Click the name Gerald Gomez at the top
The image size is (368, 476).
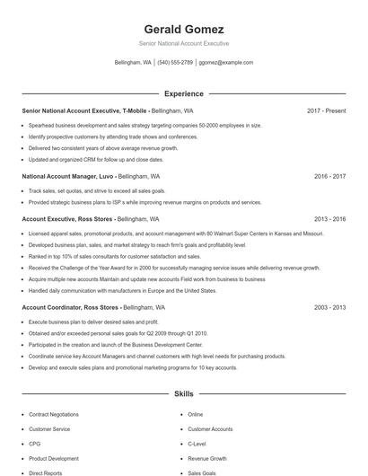(183, 29)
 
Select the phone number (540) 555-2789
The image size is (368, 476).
(175, 63)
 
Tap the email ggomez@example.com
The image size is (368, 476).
(226, 63)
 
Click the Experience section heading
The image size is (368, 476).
(183, 93)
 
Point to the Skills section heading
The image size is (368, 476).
(183, 393)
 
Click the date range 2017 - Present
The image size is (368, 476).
(326, 110)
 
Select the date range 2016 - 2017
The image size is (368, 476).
(329, 176)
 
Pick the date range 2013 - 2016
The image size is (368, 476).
(329, 218)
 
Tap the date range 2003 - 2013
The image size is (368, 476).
(329, 307)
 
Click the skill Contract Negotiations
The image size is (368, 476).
(54, 414)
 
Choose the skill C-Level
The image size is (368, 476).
(197, 444)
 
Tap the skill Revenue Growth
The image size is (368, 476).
(207, 458)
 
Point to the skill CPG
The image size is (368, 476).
(35, 444)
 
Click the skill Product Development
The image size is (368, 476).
(53, 458)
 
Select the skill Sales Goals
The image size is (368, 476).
(203, 472)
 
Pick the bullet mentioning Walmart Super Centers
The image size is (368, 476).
(175, 233)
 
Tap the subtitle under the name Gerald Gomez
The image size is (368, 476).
(183, 43)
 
